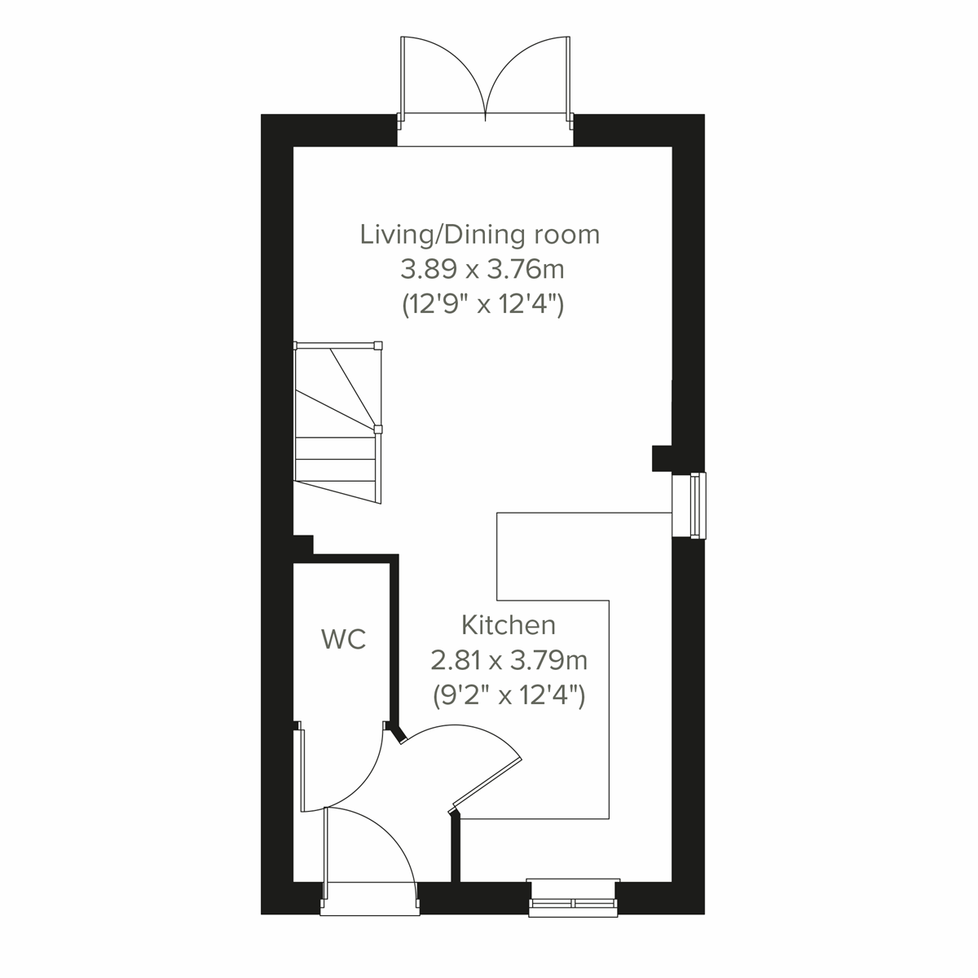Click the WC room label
coord(344,640)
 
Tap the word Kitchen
coord(509,625)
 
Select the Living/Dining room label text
coord(480,235)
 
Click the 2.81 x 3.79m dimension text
coord(509,659)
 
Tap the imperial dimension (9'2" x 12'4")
coord(509,695)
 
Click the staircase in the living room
coord(337,424)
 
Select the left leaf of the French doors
coord(440,77)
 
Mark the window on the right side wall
coord(697,505)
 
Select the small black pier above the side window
coord(661,458)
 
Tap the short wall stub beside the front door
coord(455,848)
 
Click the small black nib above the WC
coord(303,544)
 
